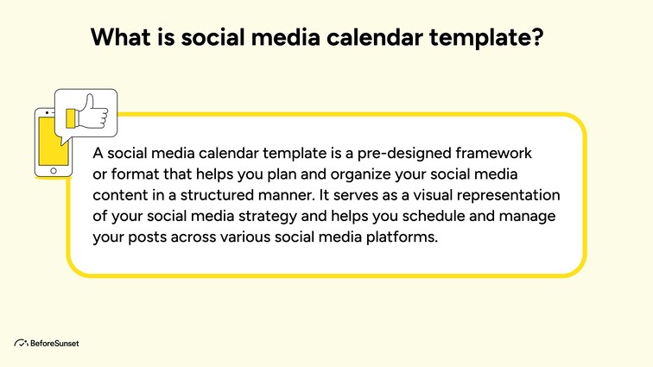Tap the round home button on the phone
(53, 171)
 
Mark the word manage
(529, 215)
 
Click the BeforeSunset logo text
(54, 343)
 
